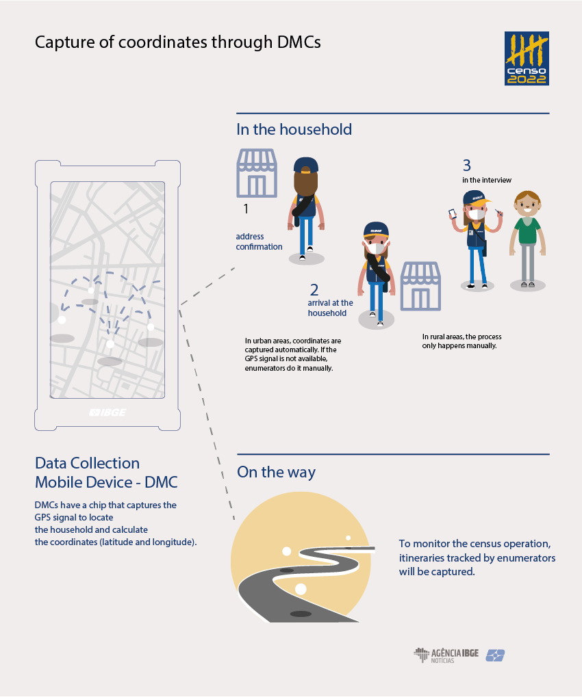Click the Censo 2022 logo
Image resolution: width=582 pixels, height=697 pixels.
(x=527, y=58)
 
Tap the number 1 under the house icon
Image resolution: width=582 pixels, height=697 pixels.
(x=246, y=209)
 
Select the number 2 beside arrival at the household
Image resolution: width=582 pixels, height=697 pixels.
(x=314, y=290)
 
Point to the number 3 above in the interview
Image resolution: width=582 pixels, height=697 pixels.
(x=467, y=166)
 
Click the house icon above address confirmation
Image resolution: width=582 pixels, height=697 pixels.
(x=257, y=173)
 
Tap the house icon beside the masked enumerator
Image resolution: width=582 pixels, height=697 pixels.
(x=420, y=287)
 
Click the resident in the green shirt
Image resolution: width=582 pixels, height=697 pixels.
(x=528, y=239)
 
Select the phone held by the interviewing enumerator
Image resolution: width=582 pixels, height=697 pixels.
(x=453, y=214)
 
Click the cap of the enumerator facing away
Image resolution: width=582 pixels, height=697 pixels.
(x=305, y=165)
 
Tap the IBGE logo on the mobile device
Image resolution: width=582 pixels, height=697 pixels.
(x=107, y=412)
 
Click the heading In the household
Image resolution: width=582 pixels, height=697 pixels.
(x=294, y=129)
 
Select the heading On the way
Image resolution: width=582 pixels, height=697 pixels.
(x=277, y=472)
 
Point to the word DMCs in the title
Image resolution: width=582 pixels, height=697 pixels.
(x=299, y=42)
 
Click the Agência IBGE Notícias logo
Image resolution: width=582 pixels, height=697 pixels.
(x=446, y=655)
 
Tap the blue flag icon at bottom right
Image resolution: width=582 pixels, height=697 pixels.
(x=495, y=655)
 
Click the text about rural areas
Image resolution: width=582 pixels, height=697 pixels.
(x=462, y=341)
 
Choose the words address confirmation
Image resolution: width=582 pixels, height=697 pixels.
(x=259, y=241)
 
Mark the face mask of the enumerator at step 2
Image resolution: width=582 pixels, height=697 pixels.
(x=377, y=248)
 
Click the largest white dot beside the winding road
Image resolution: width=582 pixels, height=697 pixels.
(x=301, y=589)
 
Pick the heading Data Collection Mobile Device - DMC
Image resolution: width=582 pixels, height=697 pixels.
(x=106, y=473)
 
